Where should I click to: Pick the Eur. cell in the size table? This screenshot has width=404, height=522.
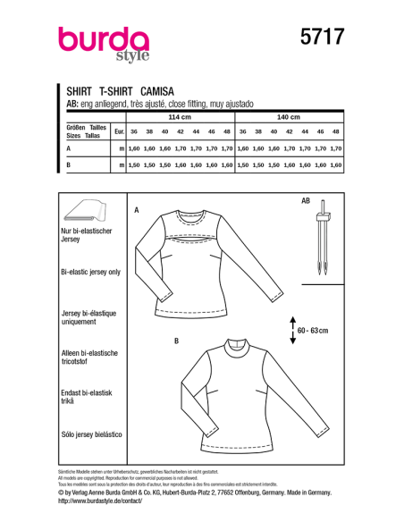tap(120, 131)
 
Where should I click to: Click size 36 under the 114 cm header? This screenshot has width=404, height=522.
tap(134, 131)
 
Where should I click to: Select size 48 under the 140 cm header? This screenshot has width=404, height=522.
tap(336, 131)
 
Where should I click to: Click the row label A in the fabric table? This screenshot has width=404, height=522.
tap(68, 148)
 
